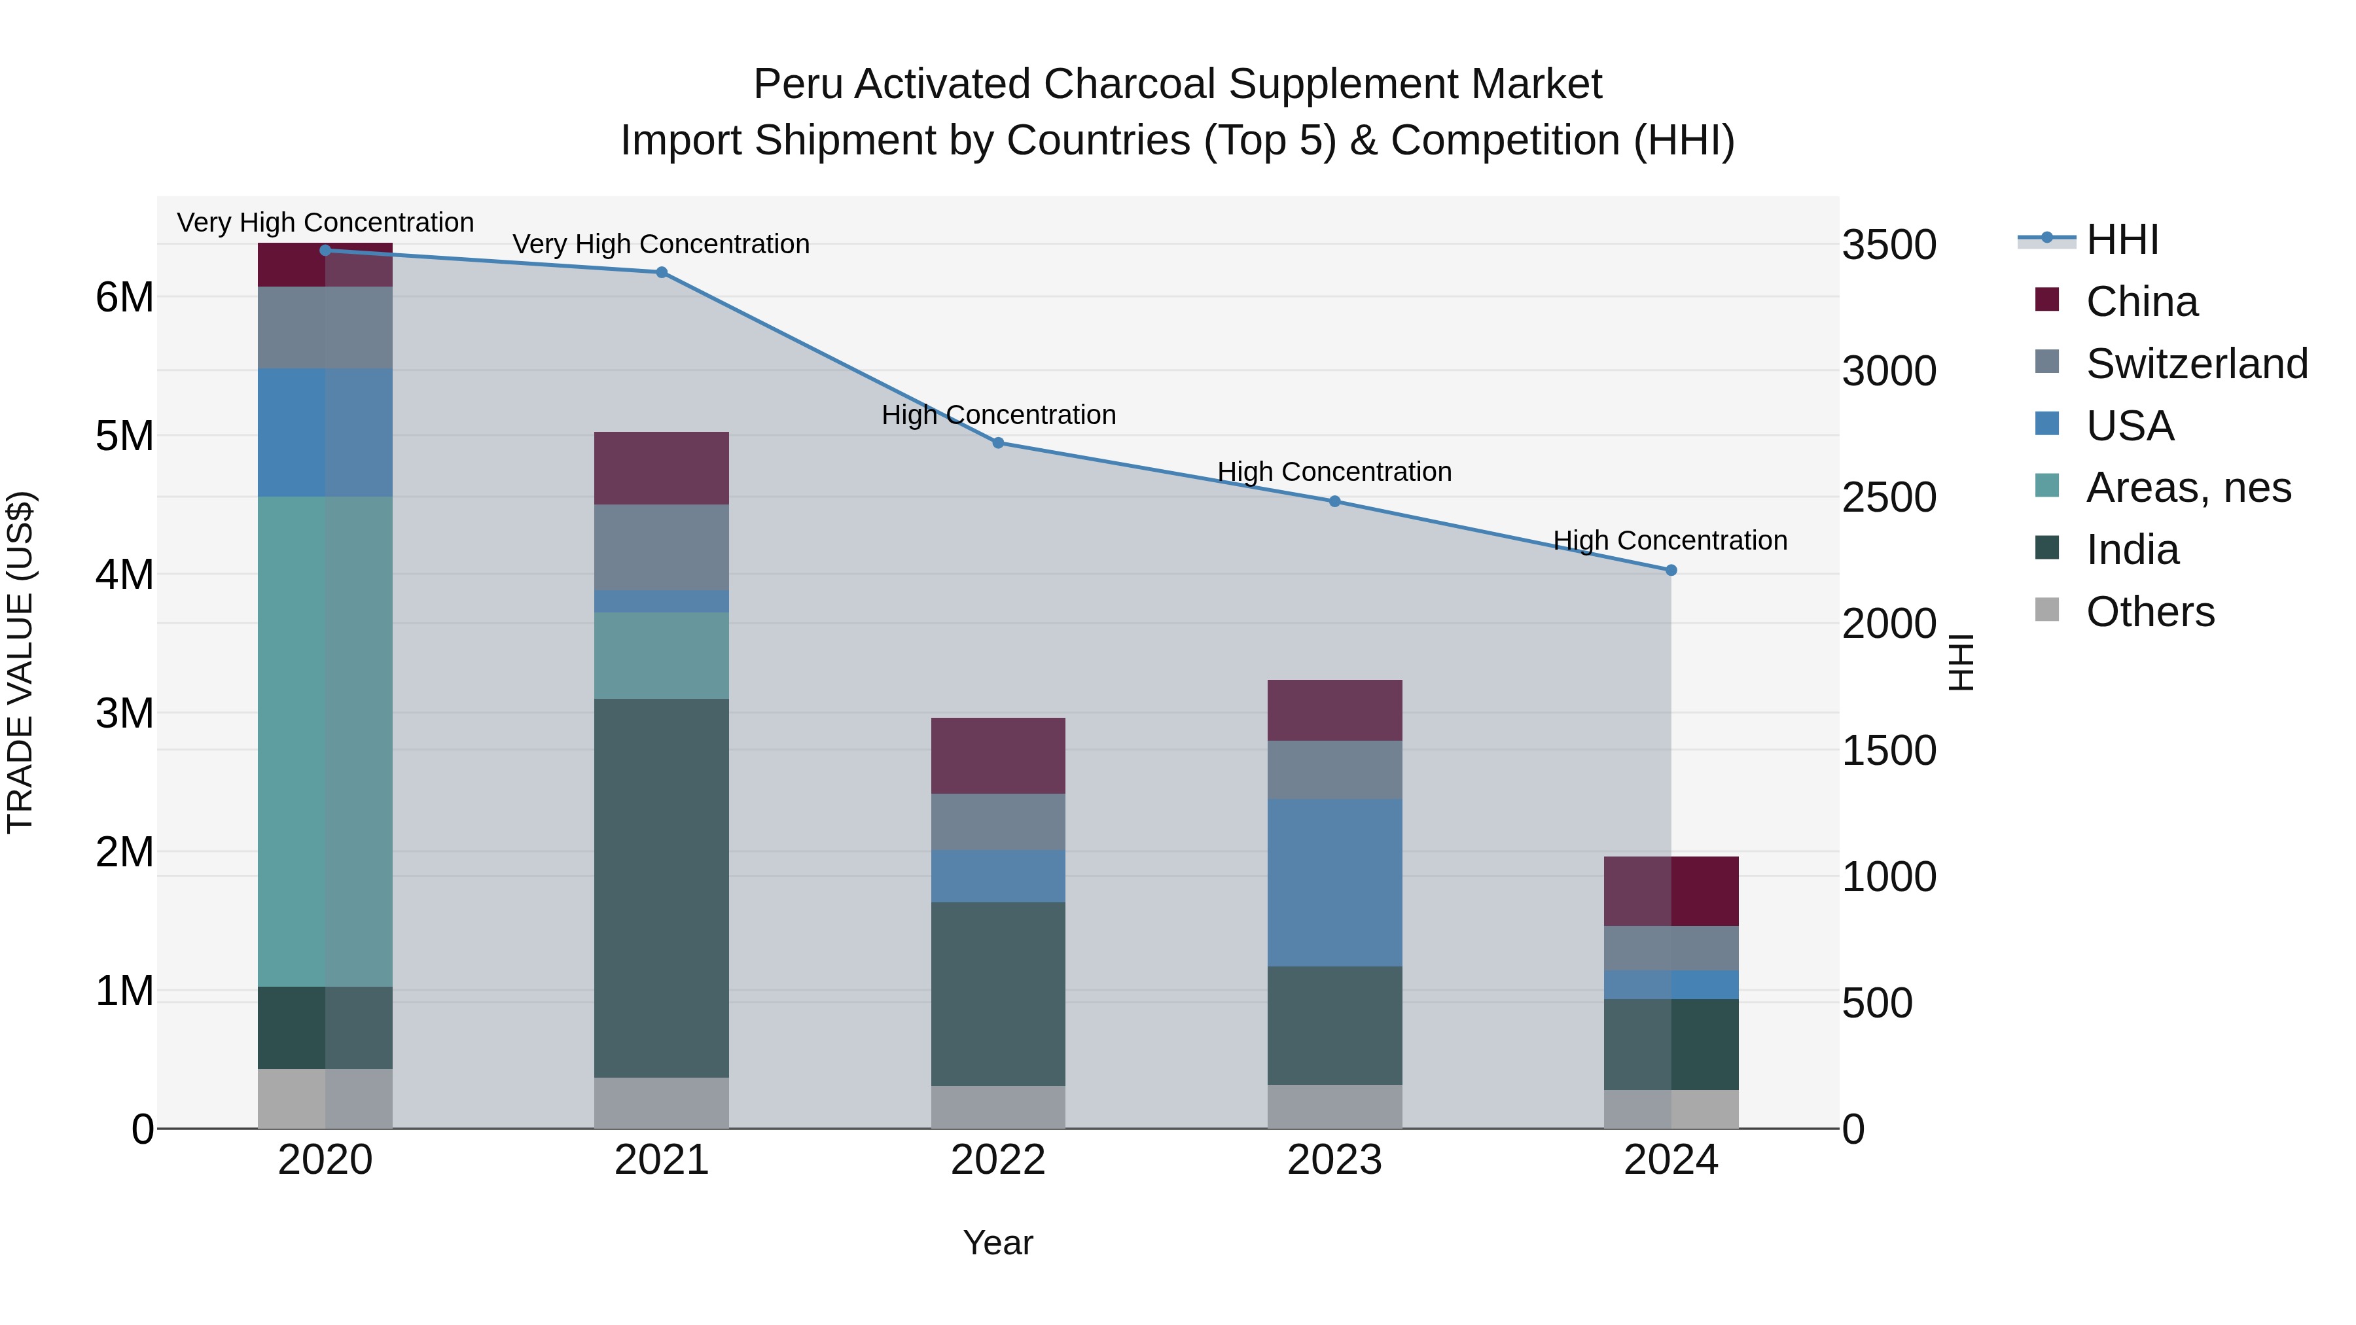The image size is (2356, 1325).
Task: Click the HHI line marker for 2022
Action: (x=998, y=442)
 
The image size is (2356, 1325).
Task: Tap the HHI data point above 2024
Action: (x=1671, y=570)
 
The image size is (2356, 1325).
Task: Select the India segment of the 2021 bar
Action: (x=661, y=887)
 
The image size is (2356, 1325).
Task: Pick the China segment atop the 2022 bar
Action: (x=998, y=755)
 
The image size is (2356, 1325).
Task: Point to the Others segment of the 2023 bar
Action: (x=1334, y=1106)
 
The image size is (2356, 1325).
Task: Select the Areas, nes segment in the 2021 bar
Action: (x=661, y=655)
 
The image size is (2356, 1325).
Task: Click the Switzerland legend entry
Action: (x=2195, y=364)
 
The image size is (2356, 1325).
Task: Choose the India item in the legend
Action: (x=2131, y=550)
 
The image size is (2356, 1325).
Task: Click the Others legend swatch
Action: (x=2047, y=610)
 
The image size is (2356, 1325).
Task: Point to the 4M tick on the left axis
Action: (x=124, y=575)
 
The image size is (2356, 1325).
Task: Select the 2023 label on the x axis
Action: (x=1334, y=1160)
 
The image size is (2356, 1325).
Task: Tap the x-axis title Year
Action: (x=998, y=1243)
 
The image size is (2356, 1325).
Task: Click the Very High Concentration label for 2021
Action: (x=660, y=244)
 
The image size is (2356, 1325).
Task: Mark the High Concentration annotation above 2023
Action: (x=1334, y=472)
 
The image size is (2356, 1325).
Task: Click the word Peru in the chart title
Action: (x=798, y=84)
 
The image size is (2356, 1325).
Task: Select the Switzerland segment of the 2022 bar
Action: (x=998, y=821)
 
